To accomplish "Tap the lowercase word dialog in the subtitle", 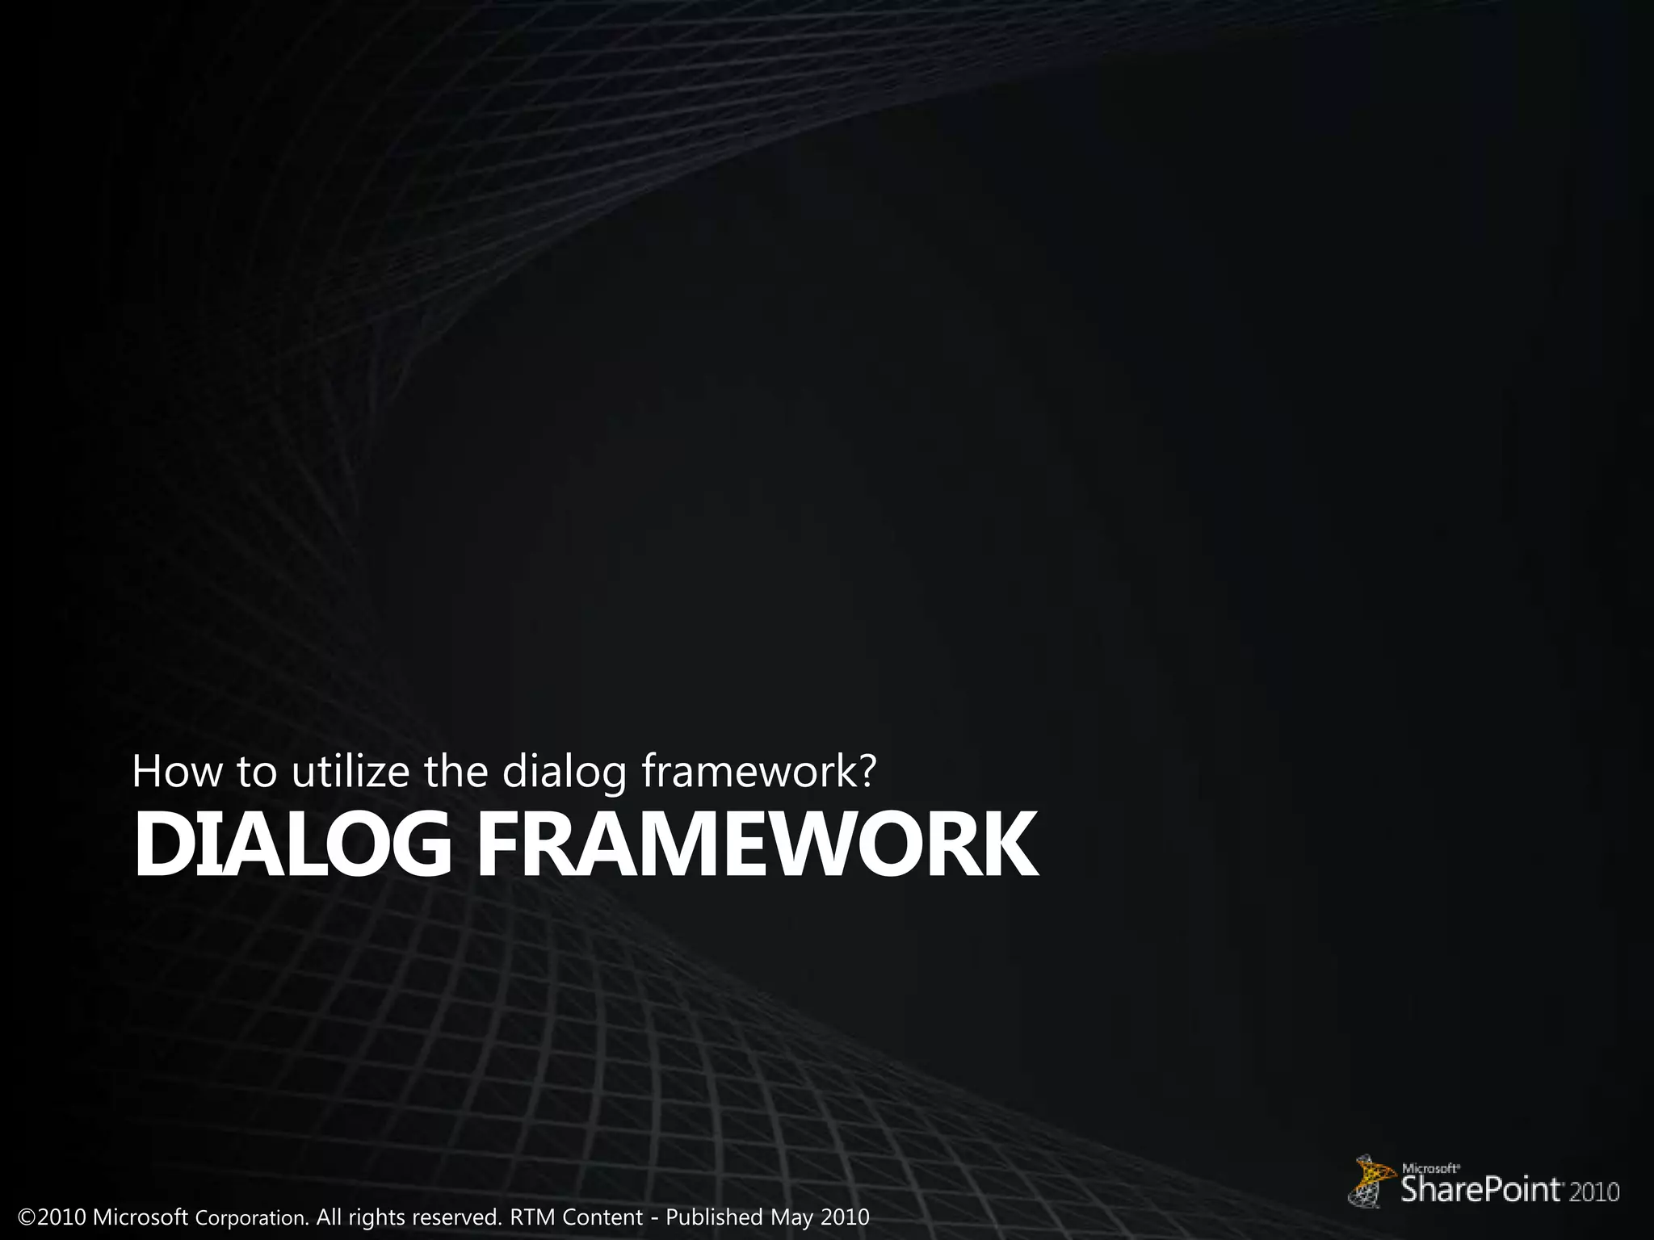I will [x=565, y=773].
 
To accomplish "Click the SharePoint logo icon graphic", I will [x=1372, y=1179].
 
